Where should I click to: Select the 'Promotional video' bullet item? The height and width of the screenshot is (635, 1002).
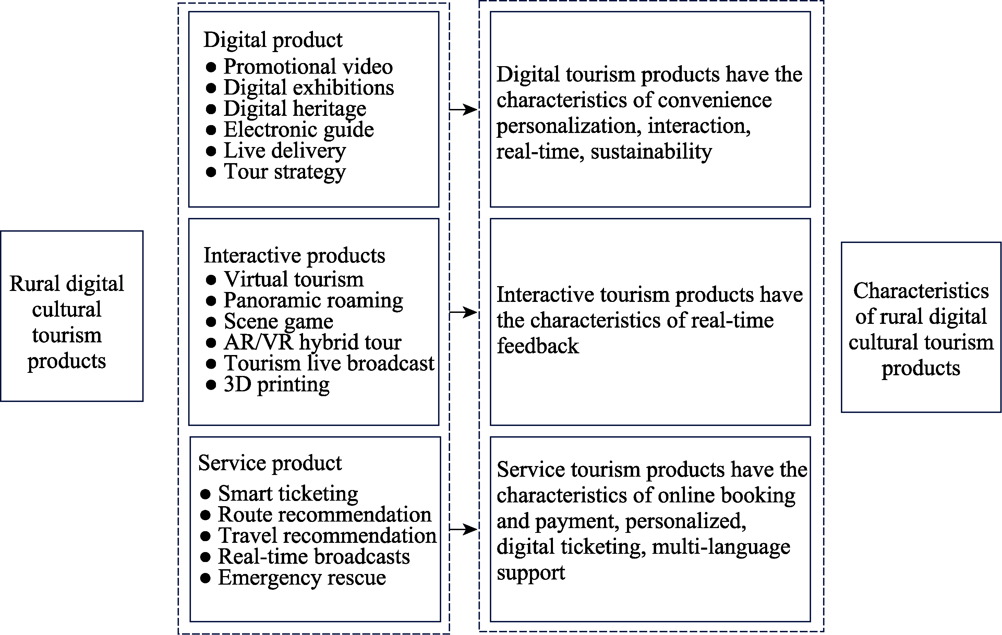tap(308, 66)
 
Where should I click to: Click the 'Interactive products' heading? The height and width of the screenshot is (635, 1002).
tap(294, 256)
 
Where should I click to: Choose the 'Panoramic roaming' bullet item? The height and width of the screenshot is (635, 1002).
tap(313, 300)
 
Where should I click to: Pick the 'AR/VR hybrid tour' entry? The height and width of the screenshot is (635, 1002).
tap(313, 342)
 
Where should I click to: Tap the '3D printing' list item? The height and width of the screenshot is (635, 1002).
tap(276, 384)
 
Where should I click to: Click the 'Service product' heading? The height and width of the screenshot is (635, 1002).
tap(270, 463)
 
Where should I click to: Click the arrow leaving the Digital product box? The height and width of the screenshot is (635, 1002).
tap(463, 110)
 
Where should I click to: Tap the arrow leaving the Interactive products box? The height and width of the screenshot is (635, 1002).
tap(463, 312)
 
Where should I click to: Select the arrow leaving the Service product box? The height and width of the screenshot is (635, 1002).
tap(463, 529)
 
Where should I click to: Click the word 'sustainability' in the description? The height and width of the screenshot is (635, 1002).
tap(651, 152)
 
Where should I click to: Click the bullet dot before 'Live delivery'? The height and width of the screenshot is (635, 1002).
tap(211, 151)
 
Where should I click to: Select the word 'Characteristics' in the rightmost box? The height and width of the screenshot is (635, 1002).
tap(921, 291)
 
